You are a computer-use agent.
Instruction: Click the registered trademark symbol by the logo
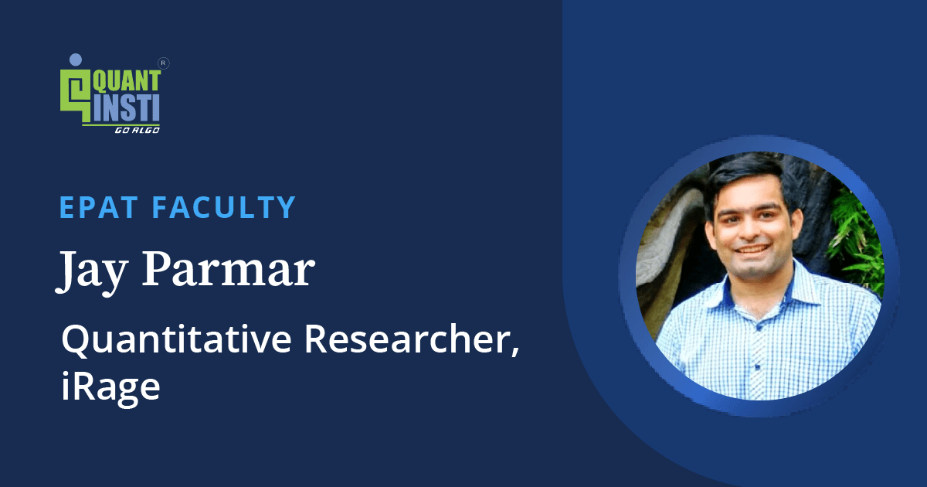click(x=163, y=63)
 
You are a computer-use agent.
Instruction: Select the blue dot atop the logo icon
click(x=75, y=59)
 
